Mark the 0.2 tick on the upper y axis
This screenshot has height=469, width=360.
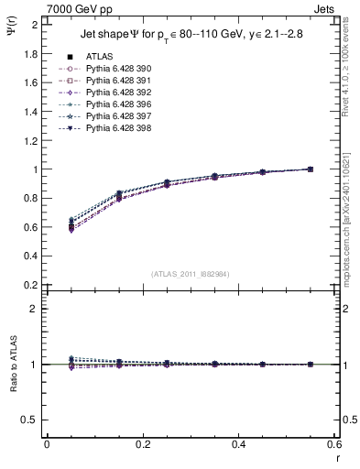[x=30, y=285]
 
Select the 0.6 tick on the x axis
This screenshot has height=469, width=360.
[x=336, y=444]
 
